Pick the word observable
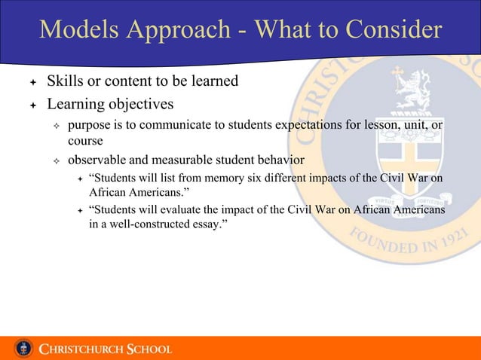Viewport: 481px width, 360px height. [x=97, y=160]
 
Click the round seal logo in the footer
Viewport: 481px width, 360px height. [x=23, y=348]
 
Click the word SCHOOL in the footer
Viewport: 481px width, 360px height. [x=149, y=349]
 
